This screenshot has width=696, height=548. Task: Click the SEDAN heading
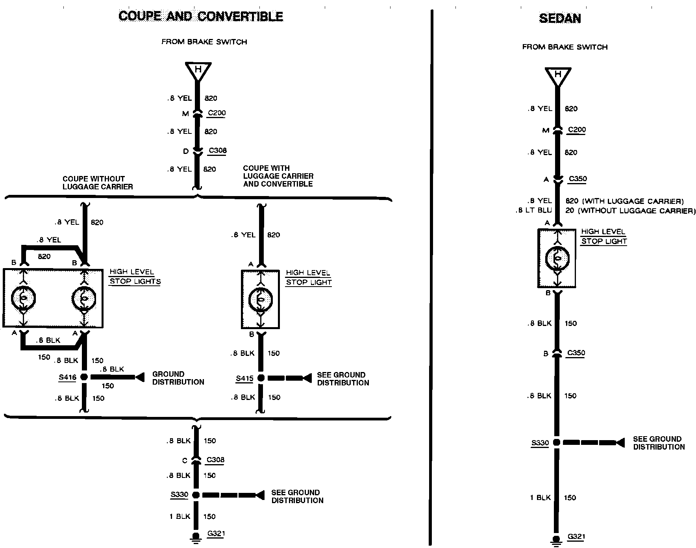(x=559, y=18)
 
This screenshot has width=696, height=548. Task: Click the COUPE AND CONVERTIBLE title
(x=201, y=16)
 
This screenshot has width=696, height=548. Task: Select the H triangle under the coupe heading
(x=198, y=71)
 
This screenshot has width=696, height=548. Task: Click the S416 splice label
(x=67, y=377)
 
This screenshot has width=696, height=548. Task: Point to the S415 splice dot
(x=261, y=378)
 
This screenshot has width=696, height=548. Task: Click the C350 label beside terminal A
(x=578, y=179)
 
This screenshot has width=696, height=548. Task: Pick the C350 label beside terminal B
(x=576, y=353)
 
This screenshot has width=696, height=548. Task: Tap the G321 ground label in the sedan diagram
(x=576, y=536)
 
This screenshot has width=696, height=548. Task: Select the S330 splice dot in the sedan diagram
(x=556, y=442)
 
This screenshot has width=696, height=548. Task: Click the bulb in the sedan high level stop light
(x=557, y=259)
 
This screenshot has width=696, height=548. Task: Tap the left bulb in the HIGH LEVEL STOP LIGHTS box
(x=24, y=298)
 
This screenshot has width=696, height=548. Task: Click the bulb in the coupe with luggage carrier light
(x=260, y=300)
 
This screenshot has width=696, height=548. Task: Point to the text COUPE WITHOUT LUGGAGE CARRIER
(x=98, y=183)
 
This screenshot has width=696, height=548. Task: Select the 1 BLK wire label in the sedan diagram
(x=540, y=498)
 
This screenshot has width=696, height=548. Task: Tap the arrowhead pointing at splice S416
(x=139, y=377)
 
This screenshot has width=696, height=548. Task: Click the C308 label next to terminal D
(x=218, y=150)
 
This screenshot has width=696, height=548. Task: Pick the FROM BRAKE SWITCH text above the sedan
(x=565, y=47)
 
